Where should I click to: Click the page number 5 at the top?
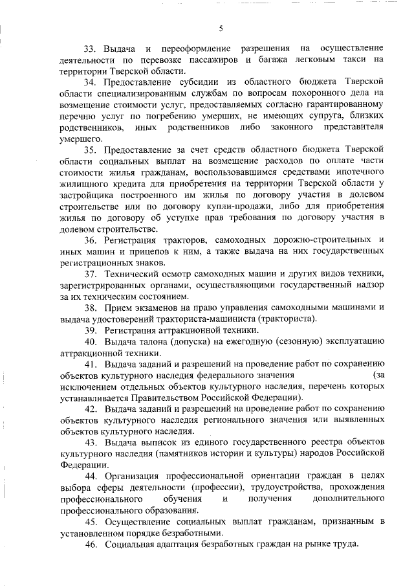[x=221, y=27]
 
